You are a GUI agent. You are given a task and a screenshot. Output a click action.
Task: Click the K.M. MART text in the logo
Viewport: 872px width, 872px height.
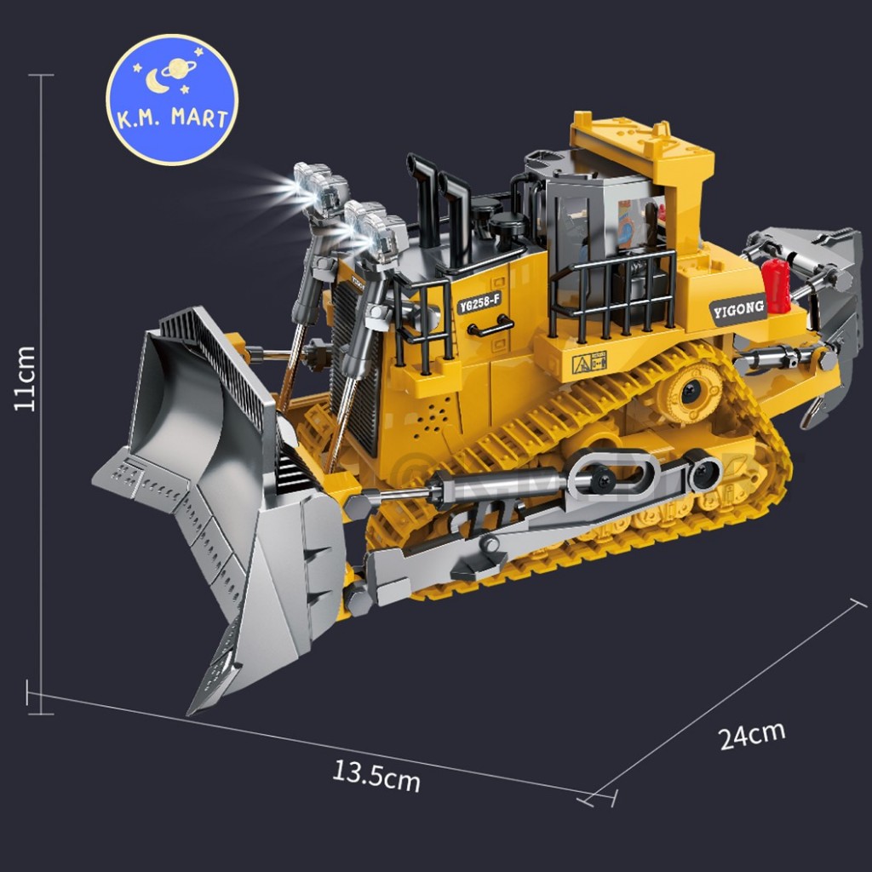[x=172, y=118]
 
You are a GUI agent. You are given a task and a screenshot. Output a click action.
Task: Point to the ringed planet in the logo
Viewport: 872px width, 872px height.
[x=179, y=69]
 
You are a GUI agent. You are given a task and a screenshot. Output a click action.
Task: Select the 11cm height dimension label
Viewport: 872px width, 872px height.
[x=25, y=379]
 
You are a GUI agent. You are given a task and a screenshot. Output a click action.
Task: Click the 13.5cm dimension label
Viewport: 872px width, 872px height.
[x=376, y=776]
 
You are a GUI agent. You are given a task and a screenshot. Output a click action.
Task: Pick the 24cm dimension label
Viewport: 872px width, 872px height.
[x=752, y=735]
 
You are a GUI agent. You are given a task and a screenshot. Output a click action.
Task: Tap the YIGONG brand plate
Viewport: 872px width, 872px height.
[x=738, y=309]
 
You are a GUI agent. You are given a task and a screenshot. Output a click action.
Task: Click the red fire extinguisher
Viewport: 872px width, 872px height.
[x=775, y=286]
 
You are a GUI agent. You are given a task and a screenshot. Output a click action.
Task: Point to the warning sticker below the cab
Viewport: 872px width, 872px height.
[x=589, y=363]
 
